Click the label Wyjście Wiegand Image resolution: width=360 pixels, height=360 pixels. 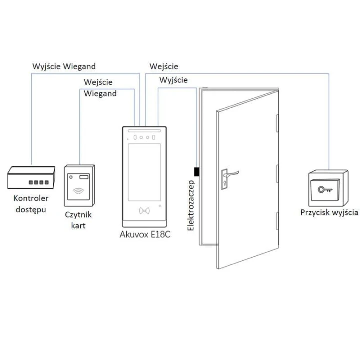click(64, 67)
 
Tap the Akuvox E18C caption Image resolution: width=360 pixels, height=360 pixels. click(145, 234)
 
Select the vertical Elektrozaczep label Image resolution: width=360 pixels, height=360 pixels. click(191, 205)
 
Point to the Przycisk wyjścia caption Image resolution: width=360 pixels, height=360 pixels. click(329, 213)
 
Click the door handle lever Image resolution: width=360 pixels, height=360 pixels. click(232, 174)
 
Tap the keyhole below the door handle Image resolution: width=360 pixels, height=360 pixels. click(225, 183)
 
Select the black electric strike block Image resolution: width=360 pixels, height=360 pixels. click(197, 172)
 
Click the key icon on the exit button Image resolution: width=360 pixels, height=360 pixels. click(325, 190)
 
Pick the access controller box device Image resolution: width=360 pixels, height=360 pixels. click(31, 177)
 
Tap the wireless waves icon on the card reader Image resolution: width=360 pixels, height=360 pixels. click(79, 191)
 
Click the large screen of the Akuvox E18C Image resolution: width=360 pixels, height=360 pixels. click(144, 172)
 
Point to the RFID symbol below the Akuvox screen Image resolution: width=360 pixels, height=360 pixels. click(144, 211)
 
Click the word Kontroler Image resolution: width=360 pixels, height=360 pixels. click(31, 198)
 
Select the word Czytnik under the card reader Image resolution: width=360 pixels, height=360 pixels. click(78, 215)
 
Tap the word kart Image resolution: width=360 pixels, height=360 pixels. click(78, 226)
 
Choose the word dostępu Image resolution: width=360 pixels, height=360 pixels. click(31, 210)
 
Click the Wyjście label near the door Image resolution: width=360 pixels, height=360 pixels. click(174, 80)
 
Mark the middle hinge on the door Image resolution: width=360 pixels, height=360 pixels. click(277, 174)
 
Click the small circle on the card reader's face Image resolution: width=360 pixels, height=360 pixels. click(71, 177)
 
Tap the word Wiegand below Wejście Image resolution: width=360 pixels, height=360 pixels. click(100, 93)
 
